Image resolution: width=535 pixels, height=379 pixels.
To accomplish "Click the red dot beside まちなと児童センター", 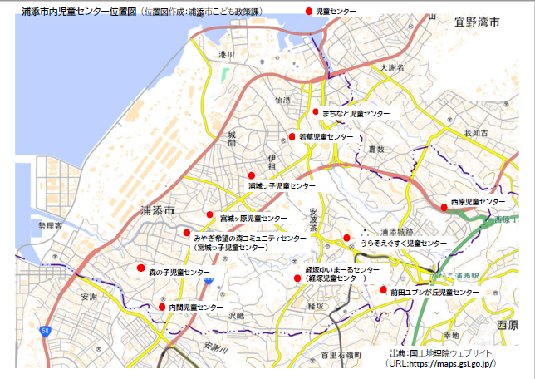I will (x=316, y=111).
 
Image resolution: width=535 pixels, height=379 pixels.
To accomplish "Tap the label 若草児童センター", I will (x=326, y=136).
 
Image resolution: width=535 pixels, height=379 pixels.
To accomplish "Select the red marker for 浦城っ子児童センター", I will (x=252, y=175).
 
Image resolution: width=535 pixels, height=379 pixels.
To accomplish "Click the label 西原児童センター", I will (x=477, y=202).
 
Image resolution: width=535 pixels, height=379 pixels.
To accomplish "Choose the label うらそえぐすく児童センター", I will (x=403, y=244).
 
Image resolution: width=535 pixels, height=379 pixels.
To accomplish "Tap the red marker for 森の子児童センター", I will (x=141, y=268).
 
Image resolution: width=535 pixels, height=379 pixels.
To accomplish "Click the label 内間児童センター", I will (x=196, y=308).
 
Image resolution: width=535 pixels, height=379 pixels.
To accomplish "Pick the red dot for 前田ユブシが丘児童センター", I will (x=383, y=290).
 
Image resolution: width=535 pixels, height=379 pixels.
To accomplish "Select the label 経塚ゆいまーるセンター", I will (x=341, y=271).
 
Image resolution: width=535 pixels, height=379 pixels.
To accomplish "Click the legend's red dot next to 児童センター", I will (x=309, y=11).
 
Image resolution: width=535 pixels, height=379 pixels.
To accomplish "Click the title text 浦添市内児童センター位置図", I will (x=78, y=12).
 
